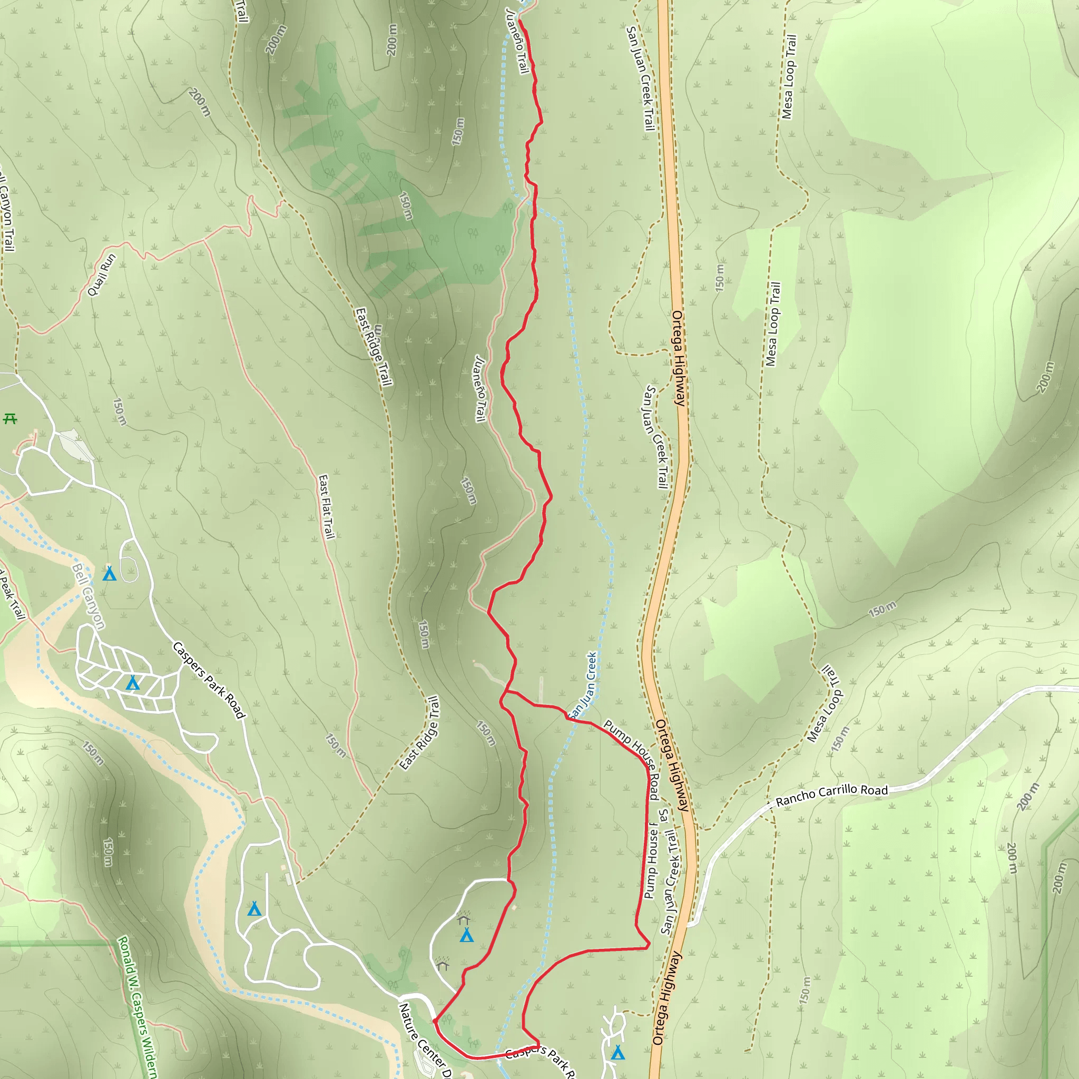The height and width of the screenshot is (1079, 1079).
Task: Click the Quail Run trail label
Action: [x=102, y=275]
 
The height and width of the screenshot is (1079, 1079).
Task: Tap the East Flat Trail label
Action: [x=326, y=507]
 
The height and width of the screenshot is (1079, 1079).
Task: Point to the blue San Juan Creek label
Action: [x=583, y=686]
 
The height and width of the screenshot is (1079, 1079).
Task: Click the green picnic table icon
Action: [x=11, y=418]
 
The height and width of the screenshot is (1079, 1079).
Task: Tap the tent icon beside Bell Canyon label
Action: [x=110, y=574]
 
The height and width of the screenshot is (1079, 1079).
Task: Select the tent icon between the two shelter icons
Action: [x=466, y=935]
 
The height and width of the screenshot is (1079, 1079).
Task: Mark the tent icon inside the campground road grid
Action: [x=132, y=682]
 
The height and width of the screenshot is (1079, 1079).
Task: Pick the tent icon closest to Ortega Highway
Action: [x=617, y=1053]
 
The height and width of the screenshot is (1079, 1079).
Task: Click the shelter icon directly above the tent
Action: [x=464, y=918]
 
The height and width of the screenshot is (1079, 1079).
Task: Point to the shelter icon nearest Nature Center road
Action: [x=443, y=964]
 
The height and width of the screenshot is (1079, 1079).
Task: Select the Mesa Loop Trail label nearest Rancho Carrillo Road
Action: [x=825, y=704]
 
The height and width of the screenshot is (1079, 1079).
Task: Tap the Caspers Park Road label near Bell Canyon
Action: [x=209, y=680]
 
